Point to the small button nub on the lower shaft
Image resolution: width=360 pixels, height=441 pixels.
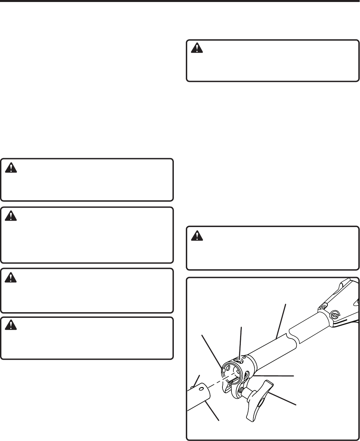click(192, 387)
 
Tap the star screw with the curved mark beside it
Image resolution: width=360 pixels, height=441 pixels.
click(334, 314)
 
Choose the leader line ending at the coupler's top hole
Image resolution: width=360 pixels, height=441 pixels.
click(240, 344)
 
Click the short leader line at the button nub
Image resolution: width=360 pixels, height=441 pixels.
click(196, 380)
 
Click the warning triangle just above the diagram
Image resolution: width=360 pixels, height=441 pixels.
click(197, 236)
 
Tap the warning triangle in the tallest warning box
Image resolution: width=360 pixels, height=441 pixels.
click(11, 217)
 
